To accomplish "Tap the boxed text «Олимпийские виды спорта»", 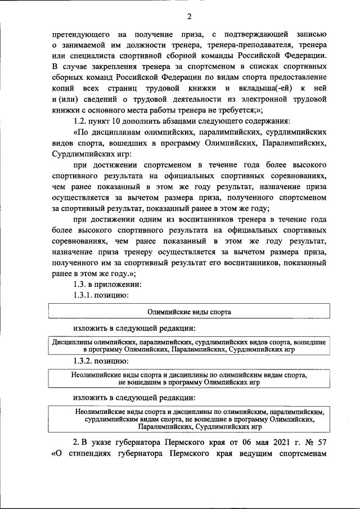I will tap(189, 311).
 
